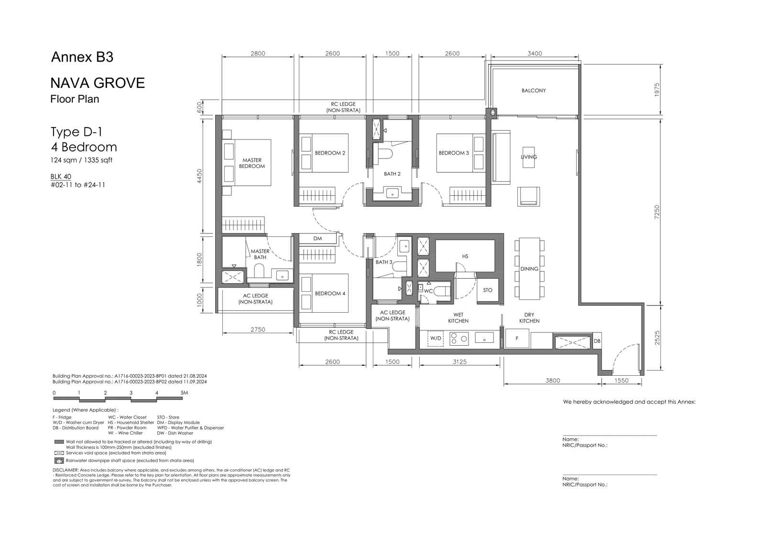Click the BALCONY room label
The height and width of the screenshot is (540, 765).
[534, 90]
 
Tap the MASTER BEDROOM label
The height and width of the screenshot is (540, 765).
[252, 163]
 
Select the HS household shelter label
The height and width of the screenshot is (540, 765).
[465, 256]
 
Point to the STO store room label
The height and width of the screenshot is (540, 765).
[488, 290]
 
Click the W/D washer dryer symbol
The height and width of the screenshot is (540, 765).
[436, 339]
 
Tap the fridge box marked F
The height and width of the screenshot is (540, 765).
[517, 339]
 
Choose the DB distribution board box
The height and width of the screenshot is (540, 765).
[597, 341]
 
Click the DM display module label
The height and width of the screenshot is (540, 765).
[317, 238]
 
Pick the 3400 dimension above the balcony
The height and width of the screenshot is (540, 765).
[535, 53]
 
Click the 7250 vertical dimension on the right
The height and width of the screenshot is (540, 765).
[657, 212]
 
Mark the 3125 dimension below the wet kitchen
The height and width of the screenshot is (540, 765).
[459, 361]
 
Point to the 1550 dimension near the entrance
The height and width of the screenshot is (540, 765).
[621, 381]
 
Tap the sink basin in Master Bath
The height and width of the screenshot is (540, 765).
[282, 275]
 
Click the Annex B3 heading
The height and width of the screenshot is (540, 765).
[82, 57]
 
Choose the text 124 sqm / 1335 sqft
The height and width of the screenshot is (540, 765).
[81, 160]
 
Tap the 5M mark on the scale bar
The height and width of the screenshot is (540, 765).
[184, 392]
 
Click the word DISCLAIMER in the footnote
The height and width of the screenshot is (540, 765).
[66, 470]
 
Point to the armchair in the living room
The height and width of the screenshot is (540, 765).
[529, 197]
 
